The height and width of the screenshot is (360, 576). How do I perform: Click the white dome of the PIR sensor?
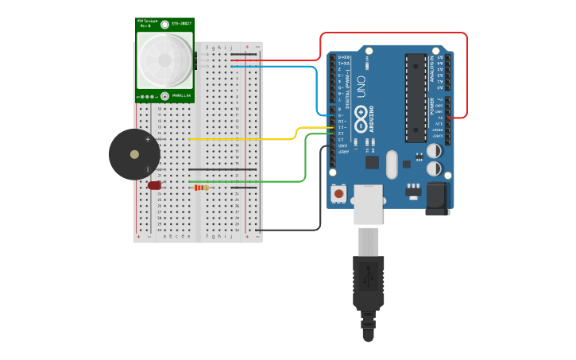(164, 60)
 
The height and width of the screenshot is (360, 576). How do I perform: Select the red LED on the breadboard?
(154, 185)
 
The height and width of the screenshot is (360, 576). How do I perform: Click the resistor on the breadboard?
(201, 188)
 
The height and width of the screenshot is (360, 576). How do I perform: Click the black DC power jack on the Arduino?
(437, 199)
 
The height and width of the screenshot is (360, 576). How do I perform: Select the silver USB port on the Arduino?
(368, 204)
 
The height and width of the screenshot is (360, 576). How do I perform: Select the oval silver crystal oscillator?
(391, 165)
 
